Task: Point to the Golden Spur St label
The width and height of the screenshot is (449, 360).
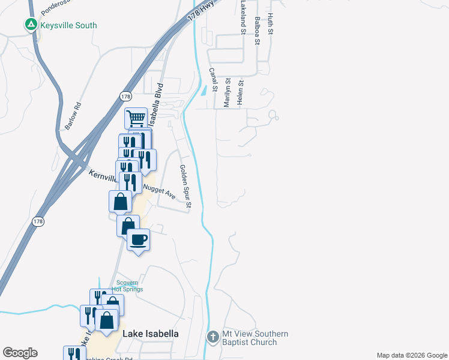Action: [x=185, y=187]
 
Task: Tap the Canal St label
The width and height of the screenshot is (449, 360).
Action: [x=212, y=78]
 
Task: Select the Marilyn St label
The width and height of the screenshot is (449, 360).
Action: [x=227, y=93]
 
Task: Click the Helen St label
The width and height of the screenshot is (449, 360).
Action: [x=241, y=93]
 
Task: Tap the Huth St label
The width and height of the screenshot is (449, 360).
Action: [x=271, y=23]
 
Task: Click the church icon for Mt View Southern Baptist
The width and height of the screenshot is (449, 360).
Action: [x=212, y=337]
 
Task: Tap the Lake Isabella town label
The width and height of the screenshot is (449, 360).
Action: [x=151, y=334]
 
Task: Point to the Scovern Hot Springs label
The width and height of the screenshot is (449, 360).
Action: [x=127, y=286]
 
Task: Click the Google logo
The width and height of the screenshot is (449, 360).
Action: [x=20, y=353]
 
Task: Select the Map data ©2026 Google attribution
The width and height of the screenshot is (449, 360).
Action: [x=411, y=355]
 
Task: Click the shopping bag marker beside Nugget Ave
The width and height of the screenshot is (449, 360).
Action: [x=121, y=202]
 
